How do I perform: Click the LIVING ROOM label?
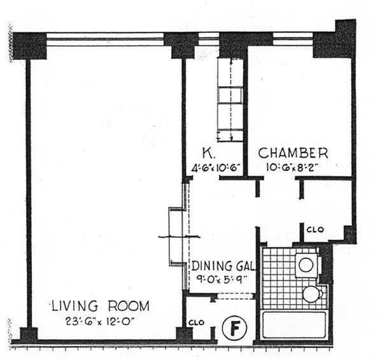(101, 306)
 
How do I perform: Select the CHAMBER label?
(293, 153)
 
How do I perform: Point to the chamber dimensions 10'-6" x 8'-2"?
(292, 167)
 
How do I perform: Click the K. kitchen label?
(206, 153)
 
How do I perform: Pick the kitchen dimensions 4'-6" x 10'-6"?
(216, 168)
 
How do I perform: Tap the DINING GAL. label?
(223, 266)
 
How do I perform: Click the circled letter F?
(234, 328)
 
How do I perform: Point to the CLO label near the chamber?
(315, 230)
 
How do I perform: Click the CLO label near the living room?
(196, 322)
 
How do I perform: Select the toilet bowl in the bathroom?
(313, 294)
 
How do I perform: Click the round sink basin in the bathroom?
(306, 265)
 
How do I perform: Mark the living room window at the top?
(105, 39)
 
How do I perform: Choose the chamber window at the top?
(293, 39)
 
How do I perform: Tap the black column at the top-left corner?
(29, 46)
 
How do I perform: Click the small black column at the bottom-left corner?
(29, 334)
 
